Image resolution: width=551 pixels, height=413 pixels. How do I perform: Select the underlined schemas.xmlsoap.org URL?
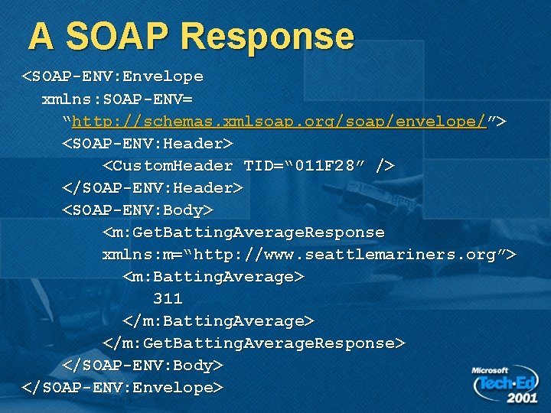click(279, 121)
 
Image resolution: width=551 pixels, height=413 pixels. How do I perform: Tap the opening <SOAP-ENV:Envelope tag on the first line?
click(112, 76)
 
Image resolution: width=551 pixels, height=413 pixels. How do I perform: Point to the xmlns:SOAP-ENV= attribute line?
click(117, 99)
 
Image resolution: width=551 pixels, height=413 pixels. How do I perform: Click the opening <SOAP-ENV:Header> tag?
click(148, 143)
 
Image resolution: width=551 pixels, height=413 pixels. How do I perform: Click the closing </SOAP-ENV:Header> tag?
click(152, 187)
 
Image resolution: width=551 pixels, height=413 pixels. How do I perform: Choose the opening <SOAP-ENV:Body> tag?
click(138, 210)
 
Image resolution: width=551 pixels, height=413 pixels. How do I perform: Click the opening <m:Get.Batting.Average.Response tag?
click(243, 232)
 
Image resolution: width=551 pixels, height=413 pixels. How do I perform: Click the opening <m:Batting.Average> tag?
click(214, 276)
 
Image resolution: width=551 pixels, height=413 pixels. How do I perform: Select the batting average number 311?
click(168, 298)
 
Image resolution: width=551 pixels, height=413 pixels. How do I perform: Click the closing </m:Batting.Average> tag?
click(218, 320)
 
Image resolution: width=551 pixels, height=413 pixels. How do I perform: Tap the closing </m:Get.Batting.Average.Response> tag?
click(253, 343)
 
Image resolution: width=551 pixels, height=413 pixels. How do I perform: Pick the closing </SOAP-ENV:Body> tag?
click(142, 365)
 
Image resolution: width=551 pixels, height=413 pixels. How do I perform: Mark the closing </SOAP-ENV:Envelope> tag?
click(122, 387)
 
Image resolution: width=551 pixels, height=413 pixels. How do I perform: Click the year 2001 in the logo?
click(521, 398)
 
